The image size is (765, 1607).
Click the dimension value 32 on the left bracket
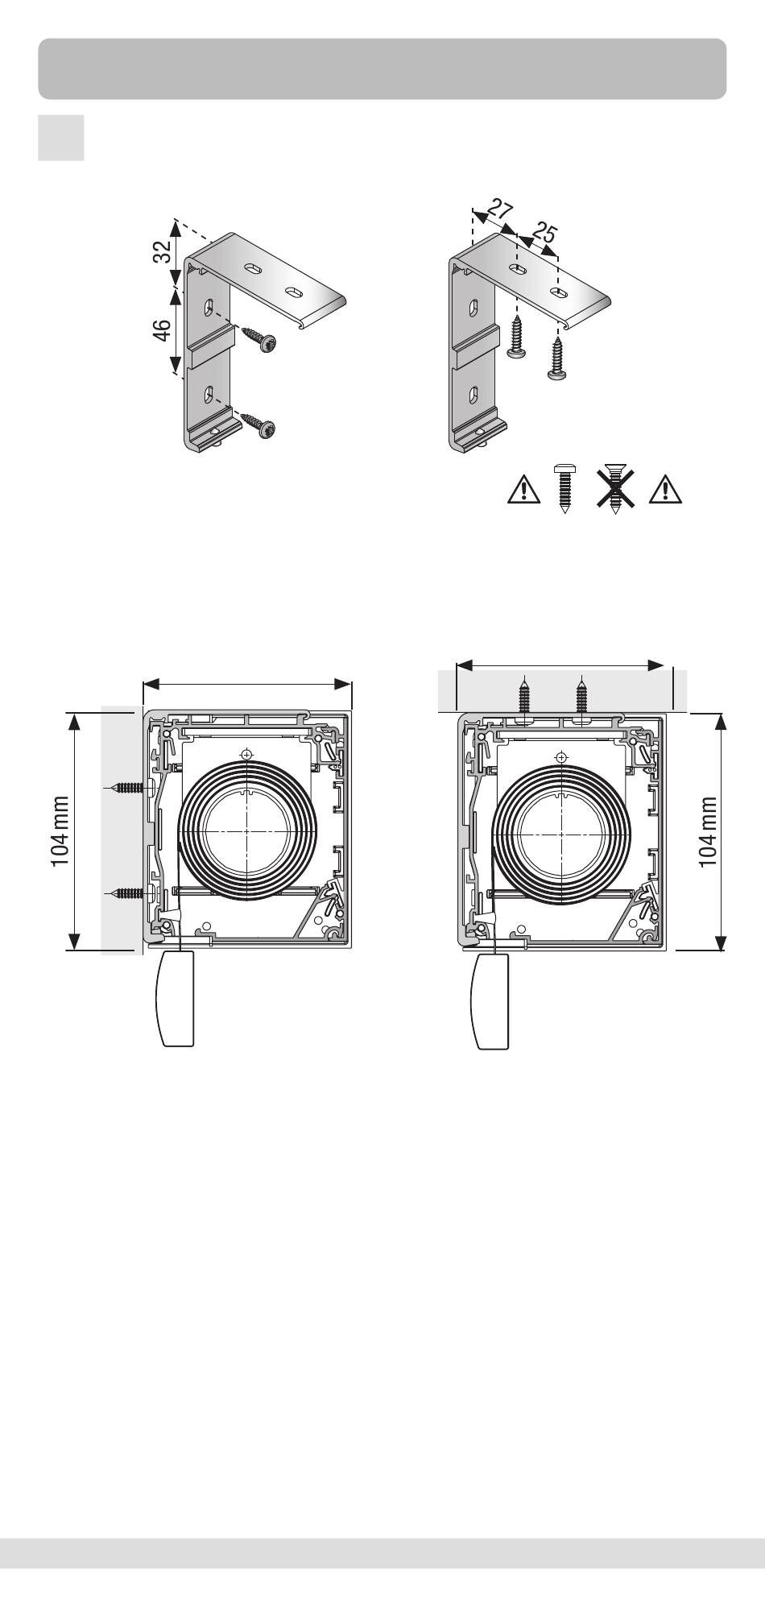[163, 253]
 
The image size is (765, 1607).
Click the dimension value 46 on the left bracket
[162, 331]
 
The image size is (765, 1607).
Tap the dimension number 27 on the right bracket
[500, 213]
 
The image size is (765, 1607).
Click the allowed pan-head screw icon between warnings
[565, 488]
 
